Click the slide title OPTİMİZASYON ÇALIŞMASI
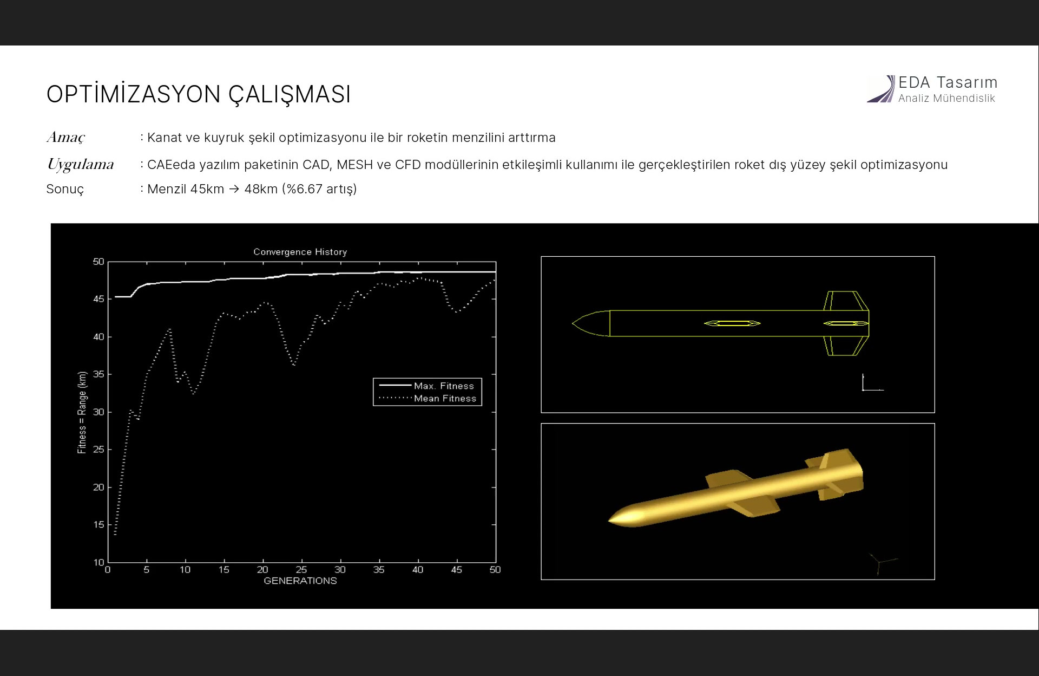pyautogui.click(x=199, y=94)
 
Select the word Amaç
pyautogui.click(x=66, y=138)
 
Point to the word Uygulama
pyautogui.click(x=80, y=165)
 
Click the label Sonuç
pyautogui.click(x=65, y=190)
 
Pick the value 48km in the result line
pyautogui.click(x=261, y=189)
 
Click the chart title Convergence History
pyautogui.click(x=300, y=252)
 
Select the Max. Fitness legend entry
pyautogui.click(x=427, y=386)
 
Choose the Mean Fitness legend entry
pyautogui.click(x=427, y=398)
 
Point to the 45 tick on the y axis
pyautogui.click(x=98, y=299)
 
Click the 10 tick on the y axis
pyautogui.click(x=98, y=562)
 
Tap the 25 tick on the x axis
pyautogui.click(x=301, y=570)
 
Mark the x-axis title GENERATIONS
pyautogui.click(x=300, y=581)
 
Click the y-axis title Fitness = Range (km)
pyautogui.click(x=82, y=412)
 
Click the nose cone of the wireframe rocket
pyautogui.click(x=591, y=323)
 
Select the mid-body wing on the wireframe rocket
pyautogui.click(x=732, y=323)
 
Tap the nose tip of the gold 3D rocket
pyautogui.click(x=610, y=520)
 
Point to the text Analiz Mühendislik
pyautogui.click(x=946, y=98)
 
